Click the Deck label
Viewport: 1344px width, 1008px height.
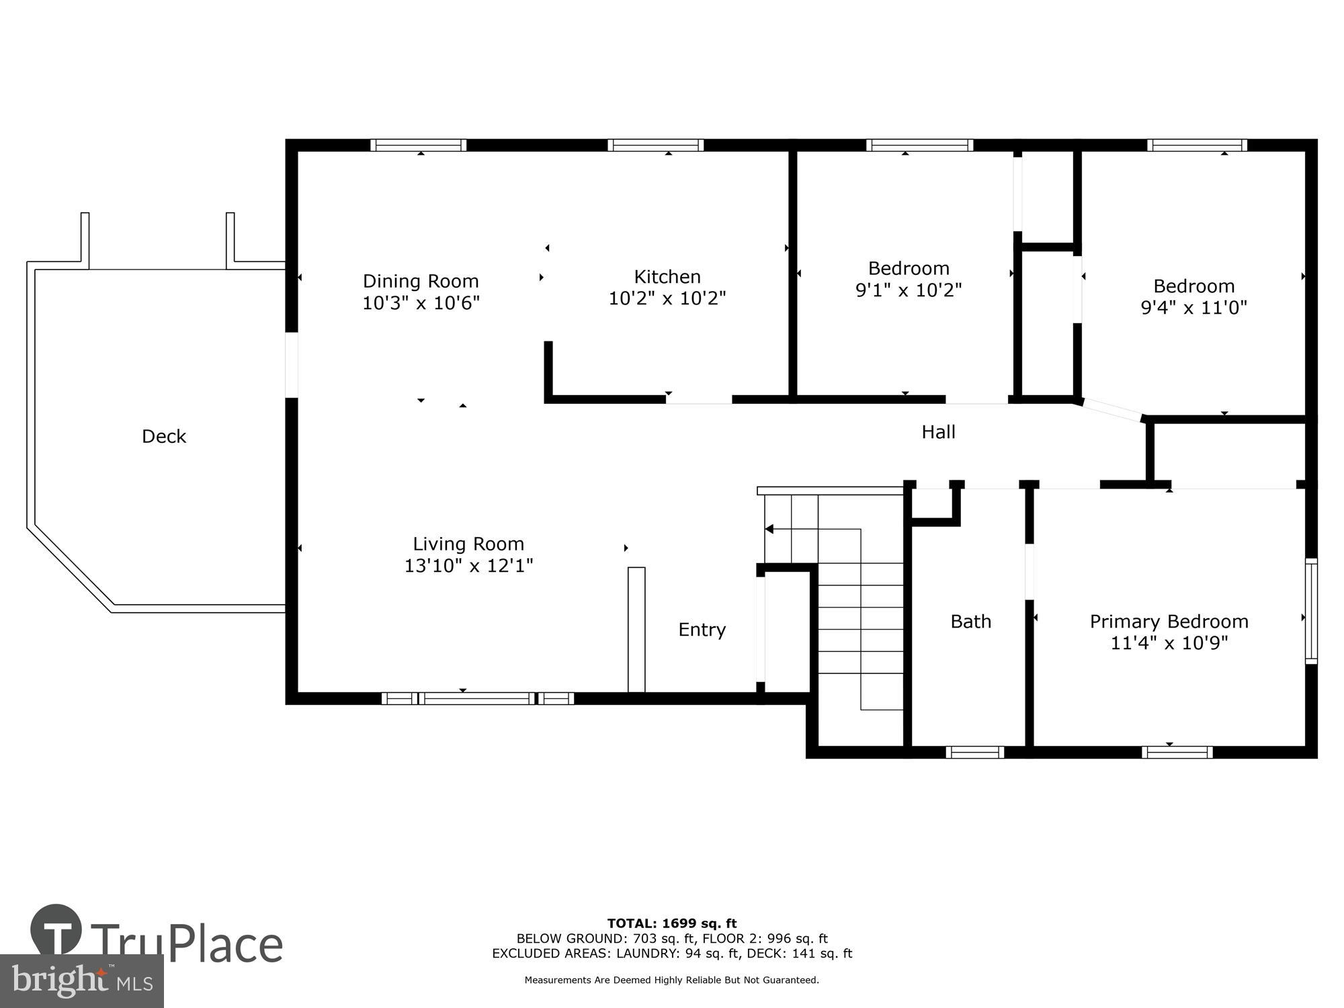point(164,437)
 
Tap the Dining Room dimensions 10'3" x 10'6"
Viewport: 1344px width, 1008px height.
point(421,303)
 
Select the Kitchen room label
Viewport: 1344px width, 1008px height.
point(667,277)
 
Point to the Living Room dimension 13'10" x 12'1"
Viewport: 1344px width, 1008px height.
point(468,566)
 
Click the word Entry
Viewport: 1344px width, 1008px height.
point(702,630)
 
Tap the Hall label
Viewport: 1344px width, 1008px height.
point(938,432)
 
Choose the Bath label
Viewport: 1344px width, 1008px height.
point(970,622)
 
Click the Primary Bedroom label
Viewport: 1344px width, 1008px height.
point(1169,622)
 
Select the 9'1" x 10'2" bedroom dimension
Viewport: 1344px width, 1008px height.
point(909,290)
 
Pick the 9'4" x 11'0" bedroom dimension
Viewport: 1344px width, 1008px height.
point(1193,308)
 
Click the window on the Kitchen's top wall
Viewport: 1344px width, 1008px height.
point(655,145)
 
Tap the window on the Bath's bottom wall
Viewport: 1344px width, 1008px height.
point(974,752)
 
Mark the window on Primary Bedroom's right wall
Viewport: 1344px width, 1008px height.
point(1311,611)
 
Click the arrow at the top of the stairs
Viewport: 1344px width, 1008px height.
point(770,530)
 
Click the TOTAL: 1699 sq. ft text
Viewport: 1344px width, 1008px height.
point(671,923)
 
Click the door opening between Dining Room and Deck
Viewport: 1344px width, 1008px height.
point(292,365)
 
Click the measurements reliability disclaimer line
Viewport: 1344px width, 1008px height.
point(671,980)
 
